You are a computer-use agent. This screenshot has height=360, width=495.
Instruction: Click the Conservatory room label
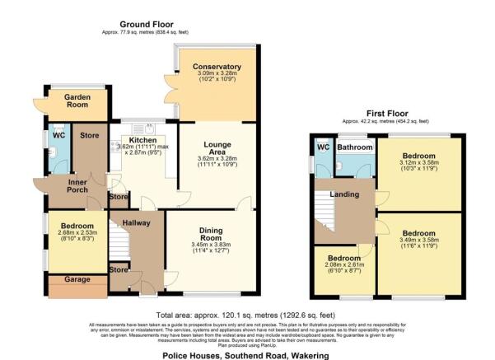point(217,67)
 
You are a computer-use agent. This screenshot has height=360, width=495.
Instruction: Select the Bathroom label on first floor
point(357,148)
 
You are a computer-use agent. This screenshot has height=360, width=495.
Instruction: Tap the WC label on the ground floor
point(58,135)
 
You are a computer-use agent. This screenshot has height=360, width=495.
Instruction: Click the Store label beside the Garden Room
point(88,135)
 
